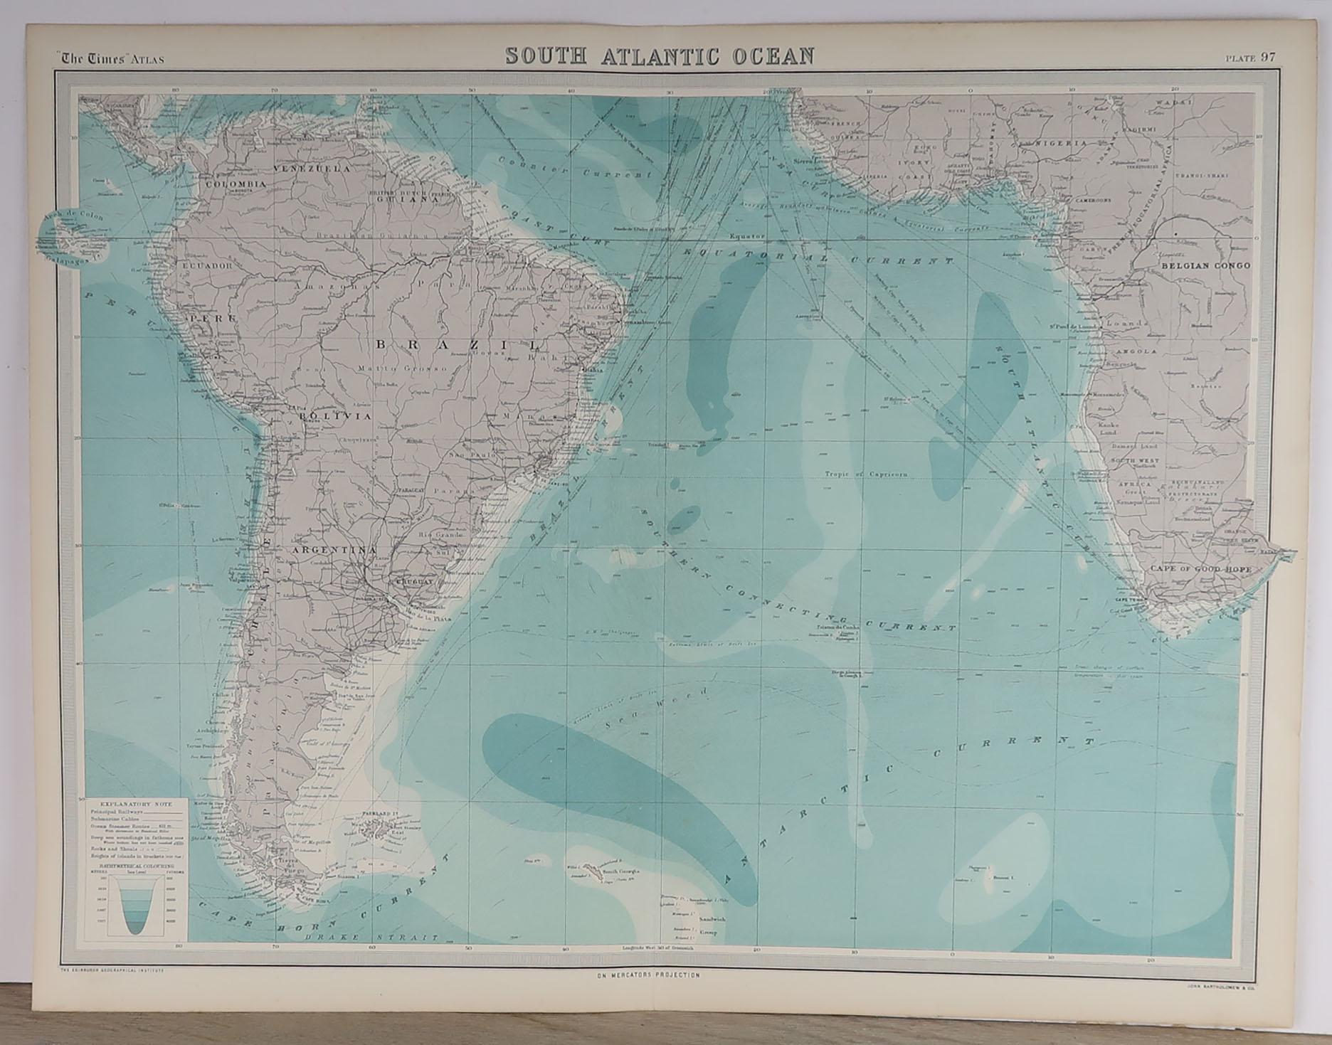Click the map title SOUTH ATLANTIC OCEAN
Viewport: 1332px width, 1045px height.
pyautogui.click(x=659, y=56)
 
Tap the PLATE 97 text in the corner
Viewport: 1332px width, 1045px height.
pyautogui.click(x=1250, y=59)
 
